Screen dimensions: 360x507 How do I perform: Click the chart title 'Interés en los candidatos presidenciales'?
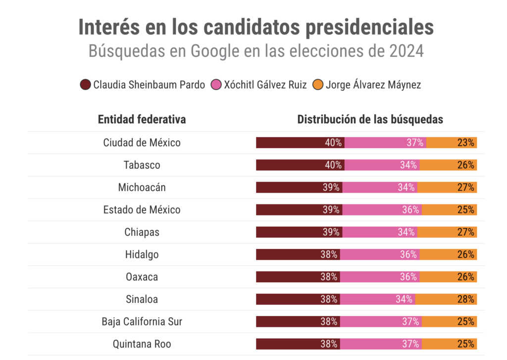[256, 28]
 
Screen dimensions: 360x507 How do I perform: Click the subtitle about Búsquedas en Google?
[256, 51]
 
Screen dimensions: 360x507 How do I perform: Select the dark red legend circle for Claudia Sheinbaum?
[85, 85]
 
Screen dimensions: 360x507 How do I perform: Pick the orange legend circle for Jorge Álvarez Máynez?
[318, 85]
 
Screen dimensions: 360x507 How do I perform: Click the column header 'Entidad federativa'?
[142, 119]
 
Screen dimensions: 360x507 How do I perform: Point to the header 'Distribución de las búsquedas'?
[370, 119]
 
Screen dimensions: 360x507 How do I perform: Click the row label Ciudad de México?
[142, 143]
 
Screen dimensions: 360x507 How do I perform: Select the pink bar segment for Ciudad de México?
[385, 143]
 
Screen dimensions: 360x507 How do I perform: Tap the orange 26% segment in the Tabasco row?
[448, 165]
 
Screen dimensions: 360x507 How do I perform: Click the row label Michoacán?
[142, 187]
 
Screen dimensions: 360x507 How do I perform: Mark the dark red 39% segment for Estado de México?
[299, 209]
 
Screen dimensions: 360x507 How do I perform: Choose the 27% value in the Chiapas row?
[466, 232]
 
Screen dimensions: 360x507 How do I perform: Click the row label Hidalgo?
[142, 255]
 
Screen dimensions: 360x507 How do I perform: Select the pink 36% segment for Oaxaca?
[380, 277]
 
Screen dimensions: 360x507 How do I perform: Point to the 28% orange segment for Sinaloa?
[446, 299]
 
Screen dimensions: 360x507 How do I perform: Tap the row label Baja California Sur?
[142, 321]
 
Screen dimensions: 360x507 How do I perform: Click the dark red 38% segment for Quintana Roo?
[298, 344]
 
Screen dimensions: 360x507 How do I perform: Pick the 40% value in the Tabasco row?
[333, 165]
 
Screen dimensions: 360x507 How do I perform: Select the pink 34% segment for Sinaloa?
[377, 299]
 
